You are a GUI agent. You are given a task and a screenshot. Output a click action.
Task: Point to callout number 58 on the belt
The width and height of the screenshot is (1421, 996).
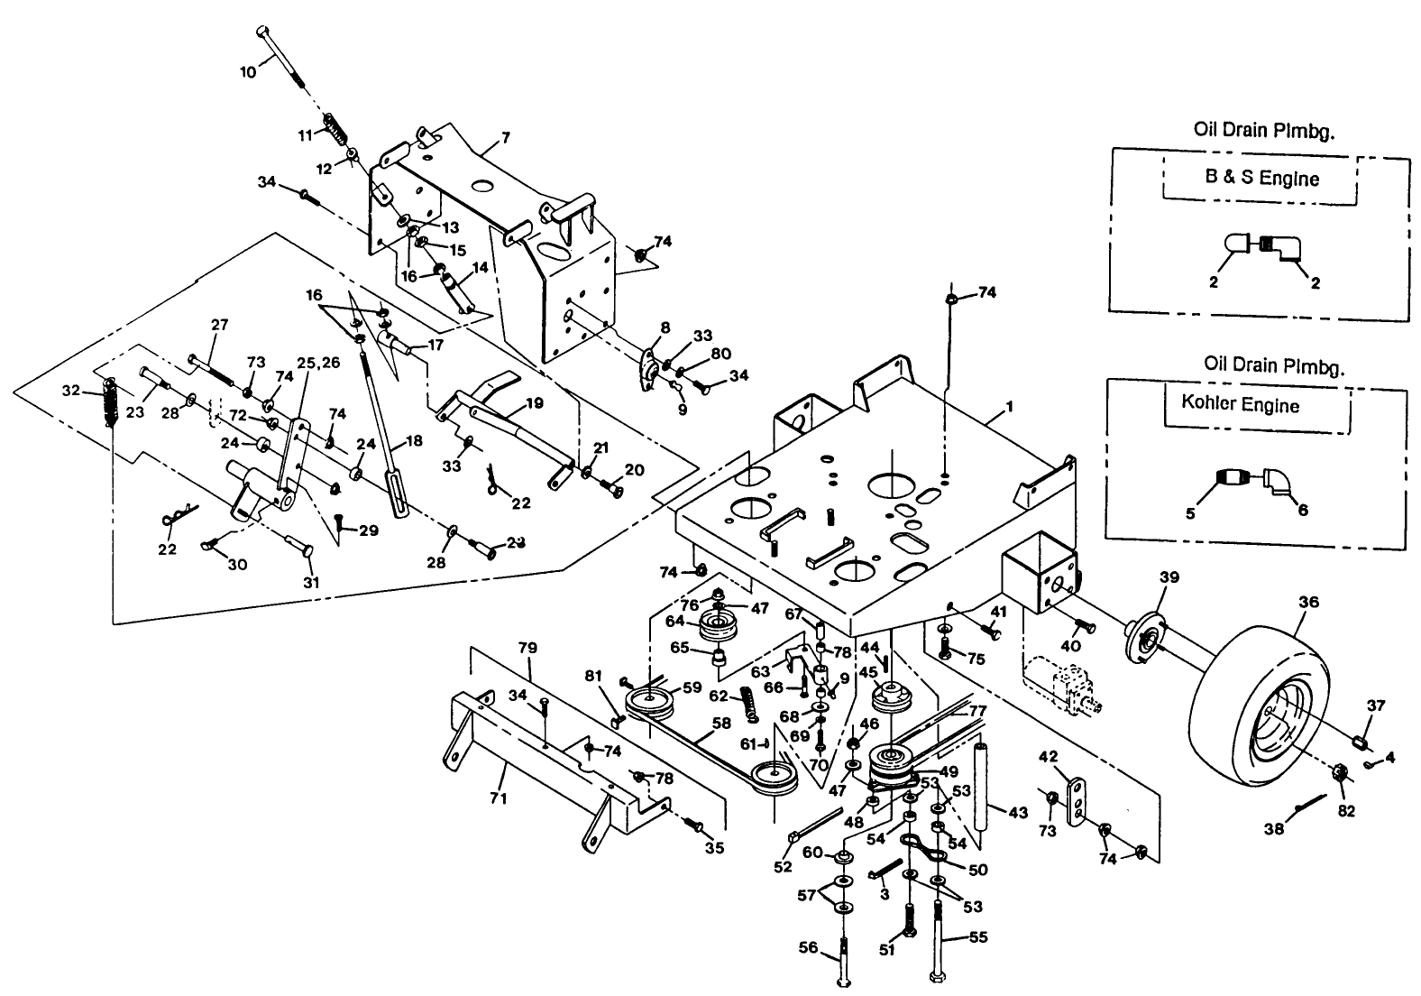[720, 722]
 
